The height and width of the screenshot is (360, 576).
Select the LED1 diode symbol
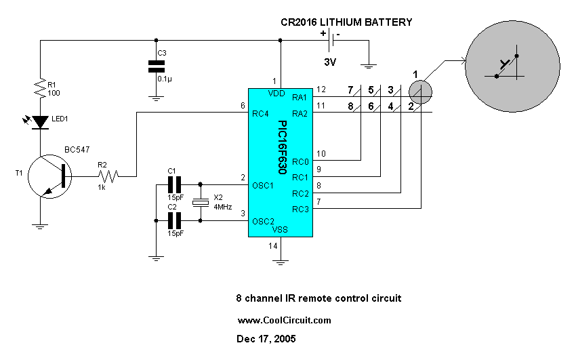click(x=40, y=123)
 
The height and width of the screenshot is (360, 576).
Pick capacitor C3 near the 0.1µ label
click(x=157, y=66)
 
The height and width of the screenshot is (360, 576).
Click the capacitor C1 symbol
click(x=175, y=184)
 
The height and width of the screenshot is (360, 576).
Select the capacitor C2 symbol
click(x=175, y=220)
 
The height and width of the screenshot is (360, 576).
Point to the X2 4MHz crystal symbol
click(x=201, y=201)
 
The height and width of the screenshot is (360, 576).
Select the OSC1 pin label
click(x=263, y=185)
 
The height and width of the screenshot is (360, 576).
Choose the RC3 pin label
click(x=300, y=209)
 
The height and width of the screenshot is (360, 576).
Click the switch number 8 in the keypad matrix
click(x=349, y=106)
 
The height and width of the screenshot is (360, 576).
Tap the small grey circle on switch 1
click(x=419, y=92)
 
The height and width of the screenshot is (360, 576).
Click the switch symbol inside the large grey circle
click(x=506, y=65)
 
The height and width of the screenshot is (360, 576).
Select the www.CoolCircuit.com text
click(x=284, y=320)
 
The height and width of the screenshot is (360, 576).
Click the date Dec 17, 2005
click(x=266, y=338)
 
